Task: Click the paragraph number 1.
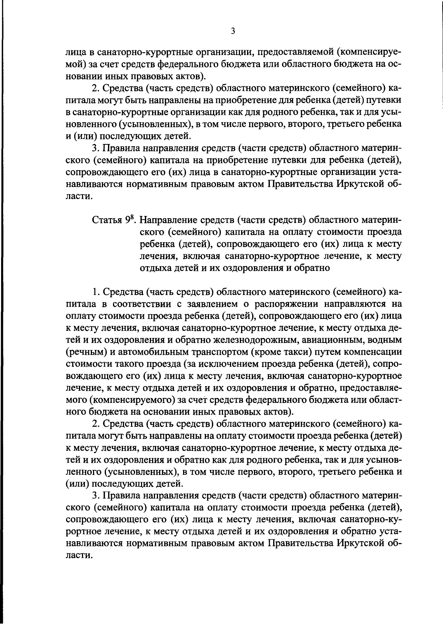click(x=95, y=292)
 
